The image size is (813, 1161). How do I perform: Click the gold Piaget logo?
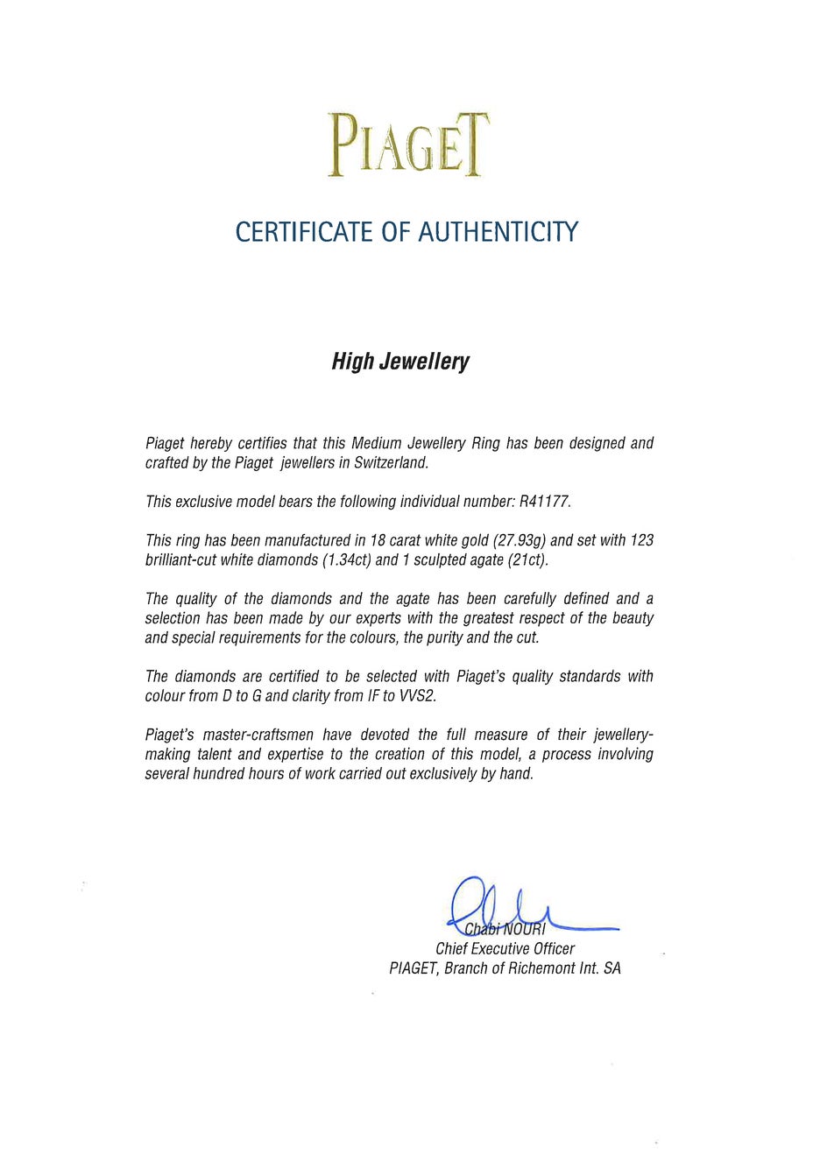tap(407, 144)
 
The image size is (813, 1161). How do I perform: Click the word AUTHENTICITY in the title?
tap(498, 232)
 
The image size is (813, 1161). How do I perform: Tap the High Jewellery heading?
tap(400, 362)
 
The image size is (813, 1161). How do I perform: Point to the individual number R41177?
tap(544, 502)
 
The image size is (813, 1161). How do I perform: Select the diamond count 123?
tap(642, 540)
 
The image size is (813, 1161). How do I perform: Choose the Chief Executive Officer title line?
tap(505, 949)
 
